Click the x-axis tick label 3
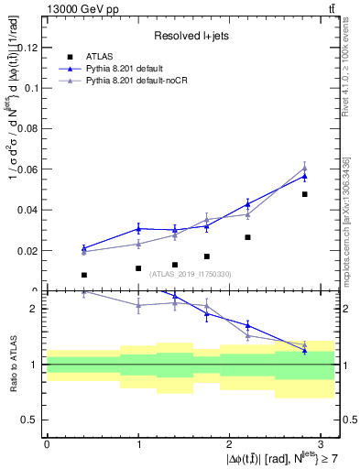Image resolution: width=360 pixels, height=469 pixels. pos(322,443)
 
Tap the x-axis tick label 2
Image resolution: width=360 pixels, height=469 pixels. pos(230,443)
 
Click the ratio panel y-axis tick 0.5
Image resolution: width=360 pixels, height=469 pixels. pos(31,420)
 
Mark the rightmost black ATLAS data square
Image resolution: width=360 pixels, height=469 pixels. pos(304,194)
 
